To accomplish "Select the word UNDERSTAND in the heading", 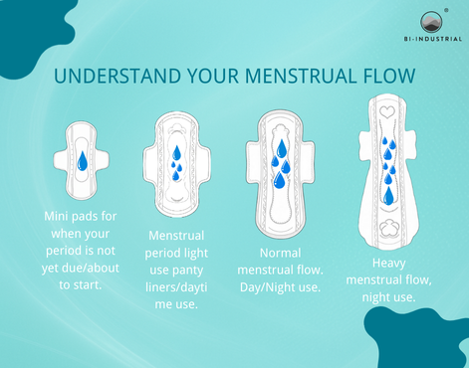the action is (117, 76).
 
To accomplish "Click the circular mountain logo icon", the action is (432, 23).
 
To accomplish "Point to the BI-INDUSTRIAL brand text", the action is (433, 39).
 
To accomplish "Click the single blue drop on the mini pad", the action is (83, 161).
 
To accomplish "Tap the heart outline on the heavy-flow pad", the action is (387, 112).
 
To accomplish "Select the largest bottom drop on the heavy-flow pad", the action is (388, 196).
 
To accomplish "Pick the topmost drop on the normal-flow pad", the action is (282, 148).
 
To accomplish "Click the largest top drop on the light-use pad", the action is (176, 152).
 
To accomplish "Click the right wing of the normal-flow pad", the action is (309, 162).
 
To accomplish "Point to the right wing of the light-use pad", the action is (204, 164).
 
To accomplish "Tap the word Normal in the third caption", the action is (280, 253).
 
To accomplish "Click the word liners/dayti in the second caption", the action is (176, 287).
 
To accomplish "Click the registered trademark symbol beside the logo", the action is (446, 10).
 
